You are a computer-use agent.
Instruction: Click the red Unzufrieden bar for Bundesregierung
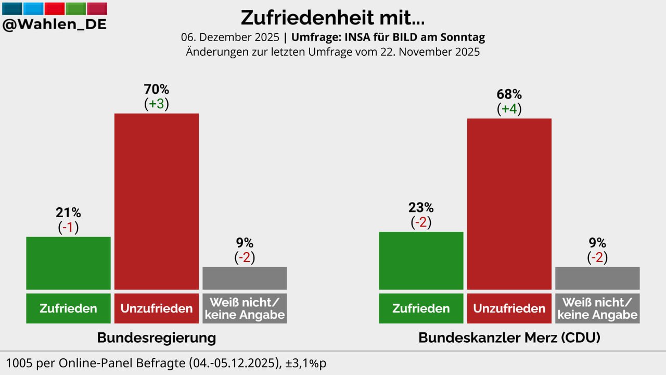click(x=157, y=201)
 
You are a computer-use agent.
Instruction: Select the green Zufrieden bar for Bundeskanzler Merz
click(x=421, y=260)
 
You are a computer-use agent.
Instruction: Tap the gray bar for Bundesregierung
click(x=245, y=278)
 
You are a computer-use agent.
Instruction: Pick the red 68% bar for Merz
click(x=509, y=204)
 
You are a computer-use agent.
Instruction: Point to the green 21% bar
click(x=68, y=263)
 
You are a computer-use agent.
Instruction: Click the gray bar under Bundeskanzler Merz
click(x=597, y=278)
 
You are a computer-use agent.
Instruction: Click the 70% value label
click(x=157, y=89)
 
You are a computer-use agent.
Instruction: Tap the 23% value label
click(x=421, y=208)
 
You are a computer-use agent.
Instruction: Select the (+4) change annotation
click(x=509, y=109)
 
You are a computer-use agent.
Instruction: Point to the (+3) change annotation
click(x=157, y=104)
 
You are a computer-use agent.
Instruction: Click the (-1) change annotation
click(x=68, y=227)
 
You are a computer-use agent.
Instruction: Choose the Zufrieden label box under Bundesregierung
click(x=68, y=308)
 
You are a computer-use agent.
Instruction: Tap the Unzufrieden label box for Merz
click(x=509, y=308)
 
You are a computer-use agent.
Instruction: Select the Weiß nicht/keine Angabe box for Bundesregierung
click(x=245, y=308)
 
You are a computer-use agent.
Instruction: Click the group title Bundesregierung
click(x=157, y=337)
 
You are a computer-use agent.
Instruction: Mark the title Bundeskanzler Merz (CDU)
click(x=509, y=337)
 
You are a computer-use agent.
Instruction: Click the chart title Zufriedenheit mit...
click(x=332, y=18)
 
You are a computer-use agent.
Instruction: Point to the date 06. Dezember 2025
click(x=229, y=37)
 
